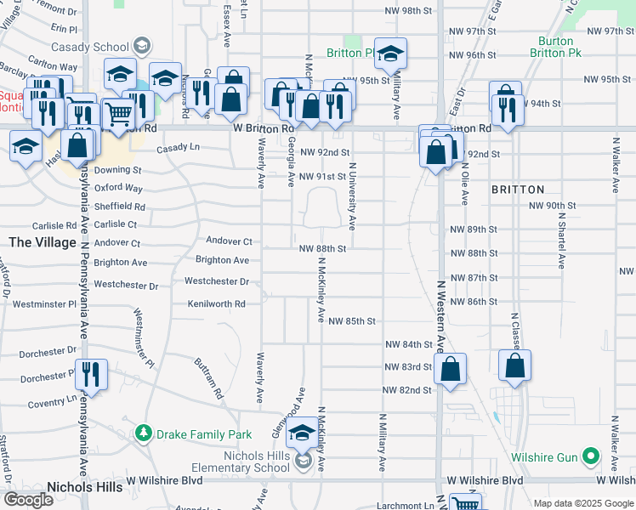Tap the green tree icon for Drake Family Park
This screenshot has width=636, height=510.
coord(143,434)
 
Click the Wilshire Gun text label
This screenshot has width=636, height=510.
coord(544,457)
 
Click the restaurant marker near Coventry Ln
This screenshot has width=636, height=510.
coord(91,374)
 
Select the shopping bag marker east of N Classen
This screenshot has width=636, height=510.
coord(515,365)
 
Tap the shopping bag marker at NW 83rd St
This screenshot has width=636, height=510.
coord(451,370)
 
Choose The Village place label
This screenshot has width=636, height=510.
coord(43,242)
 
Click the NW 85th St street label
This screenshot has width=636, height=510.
coord(352,321)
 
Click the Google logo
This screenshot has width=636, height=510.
coord(28,500)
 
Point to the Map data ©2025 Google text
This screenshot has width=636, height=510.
coord(582,503)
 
